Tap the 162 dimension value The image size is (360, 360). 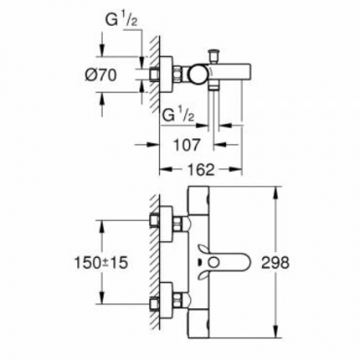pos(193,168)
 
